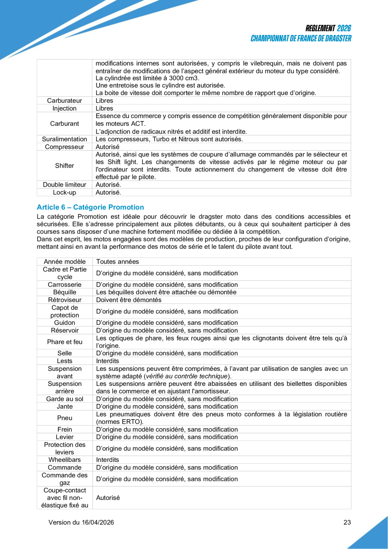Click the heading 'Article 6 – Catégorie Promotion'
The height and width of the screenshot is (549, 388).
[x=90, y=207]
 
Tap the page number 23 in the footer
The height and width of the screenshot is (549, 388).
[x=347, y=522]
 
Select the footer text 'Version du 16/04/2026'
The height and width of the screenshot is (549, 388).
[x=81, y=522]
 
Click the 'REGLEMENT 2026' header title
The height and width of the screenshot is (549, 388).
[x=328, y=28]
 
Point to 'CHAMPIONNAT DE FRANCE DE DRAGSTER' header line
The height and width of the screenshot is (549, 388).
[x=301, y=38]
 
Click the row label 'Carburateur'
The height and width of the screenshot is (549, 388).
[x=65, y=101]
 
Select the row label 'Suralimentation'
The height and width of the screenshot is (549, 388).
[x=65, y=139]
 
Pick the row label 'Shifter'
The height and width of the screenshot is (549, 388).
[x=65, y=166]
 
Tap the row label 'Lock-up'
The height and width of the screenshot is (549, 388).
[x=65, y=193]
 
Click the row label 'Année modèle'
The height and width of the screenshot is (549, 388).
[x=65, y=261]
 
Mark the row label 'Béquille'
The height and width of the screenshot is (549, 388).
[x=65, y=292]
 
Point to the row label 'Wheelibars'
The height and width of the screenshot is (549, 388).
[x=65, y=459]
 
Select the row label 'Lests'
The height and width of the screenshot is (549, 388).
[x=65, y=361]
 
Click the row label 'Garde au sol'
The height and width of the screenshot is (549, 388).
[x=65, y=399]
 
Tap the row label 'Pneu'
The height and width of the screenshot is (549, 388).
[x=65, y=418]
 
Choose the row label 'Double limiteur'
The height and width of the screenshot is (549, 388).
[x=65, y=185]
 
